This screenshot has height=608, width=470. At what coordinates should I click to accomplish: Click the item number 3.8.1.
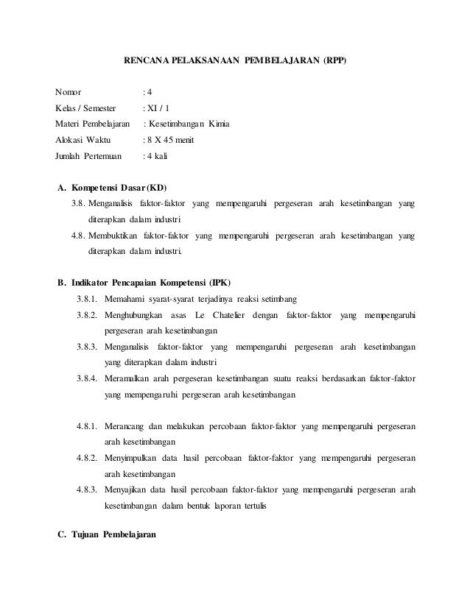(87, 300)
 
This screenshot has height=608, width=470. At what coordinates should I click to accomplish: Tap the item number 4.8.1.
(87, 427)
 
